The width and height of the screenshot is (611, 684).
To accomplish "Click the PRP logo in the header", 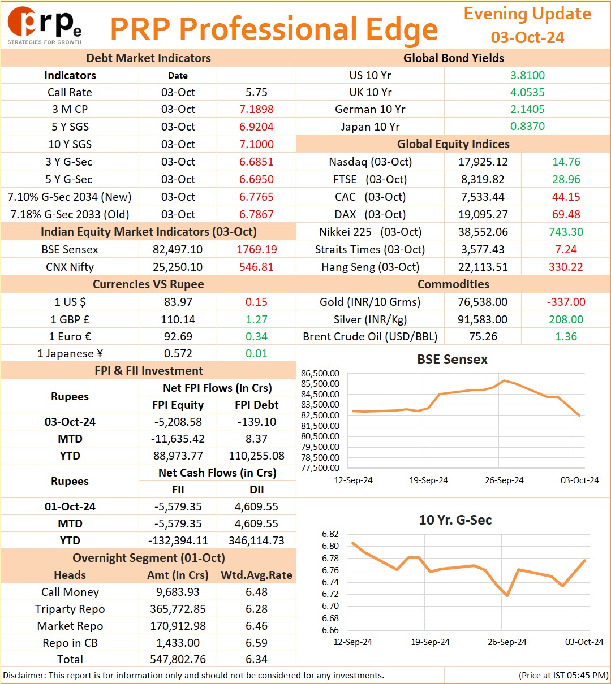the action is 45,25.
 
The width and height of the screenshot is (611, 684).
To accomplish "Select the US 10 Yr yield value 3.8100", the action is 527,75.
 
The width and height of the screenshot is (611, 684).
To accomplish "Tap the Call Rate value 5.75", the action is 256,92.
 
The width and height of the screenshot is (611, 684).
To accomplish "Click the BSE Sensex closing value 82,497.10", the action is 178,249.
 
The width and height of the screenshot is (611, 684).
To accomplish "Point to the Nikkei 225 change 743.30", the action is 566,232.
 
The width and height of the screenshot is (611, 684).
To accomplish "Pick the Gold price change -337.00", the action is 566,301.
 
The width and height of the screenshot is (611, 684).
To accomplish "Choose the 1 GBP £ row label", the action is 70,319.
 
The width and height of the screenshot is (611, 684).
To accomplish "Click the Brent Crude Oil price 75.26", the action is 483,336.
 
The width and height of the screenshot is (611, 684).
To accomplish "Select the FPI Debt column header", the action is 256,404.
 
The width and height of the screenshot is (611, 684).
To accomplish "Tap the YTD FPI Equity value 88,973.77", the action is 178,456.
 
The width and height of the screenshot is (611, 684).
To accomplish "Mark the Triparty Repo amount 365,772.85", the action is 178,609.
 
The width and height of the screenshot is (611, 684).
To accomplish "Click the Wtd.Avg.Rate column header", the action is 256,574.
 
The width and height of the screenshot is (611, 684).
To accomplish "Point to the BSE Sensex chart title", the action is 452,359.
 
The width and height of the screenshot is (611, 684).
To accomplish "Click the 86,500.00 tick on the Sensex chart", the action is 320,373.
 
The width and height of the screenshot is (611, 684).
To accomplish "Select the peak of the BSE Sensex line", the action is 504,380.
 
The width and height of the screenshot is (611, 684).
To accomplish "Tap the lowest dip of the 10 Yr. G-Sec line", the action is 507,595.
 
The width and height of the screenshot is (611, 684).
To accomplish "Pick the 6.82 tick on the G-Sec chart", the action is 330,534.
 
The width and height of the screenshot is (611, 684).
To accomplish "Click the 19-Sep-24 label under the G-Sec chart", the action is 430,642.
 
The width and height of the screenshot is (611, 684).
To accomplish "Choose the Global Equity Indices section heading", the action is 453,144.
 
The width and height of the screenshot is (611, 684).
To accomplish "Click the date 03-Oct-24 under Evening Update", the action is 527,37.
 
